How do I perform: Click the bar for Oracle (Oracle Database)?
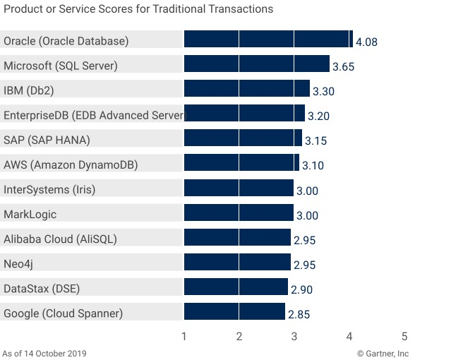tap(268, 40)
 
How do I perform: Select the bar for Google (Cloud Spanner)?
tap(234, 312)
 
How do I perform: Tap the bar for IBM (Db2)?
tap(246, 89)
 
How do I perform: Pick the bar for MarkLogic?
tap(239, 213)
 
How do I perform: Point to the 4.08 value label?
tap(366, 42)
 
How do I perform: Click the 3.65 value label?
tap(343, 67)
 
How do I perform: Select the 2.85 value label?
tap(299, 314)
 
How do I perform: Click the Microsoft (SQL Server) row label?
tap(61, 66)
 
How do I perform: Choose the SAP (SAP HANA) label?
tap(47, 140)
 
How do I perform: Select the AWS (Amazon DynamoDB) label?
tap(71, 164)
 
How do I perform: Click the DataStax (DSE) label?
tap(41, 288)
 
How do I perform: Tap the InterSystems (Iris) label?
tap(49, 189)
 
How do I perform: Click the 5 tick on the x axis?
tap(404, 337)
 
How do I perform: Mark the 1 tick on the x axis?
tap(184, 337)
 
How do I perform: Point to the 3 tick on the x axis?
tap(294, 337)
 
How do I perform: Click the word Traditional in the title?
tap(190, 9)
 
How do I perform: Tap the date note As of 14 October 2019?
tap(45, 354)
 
